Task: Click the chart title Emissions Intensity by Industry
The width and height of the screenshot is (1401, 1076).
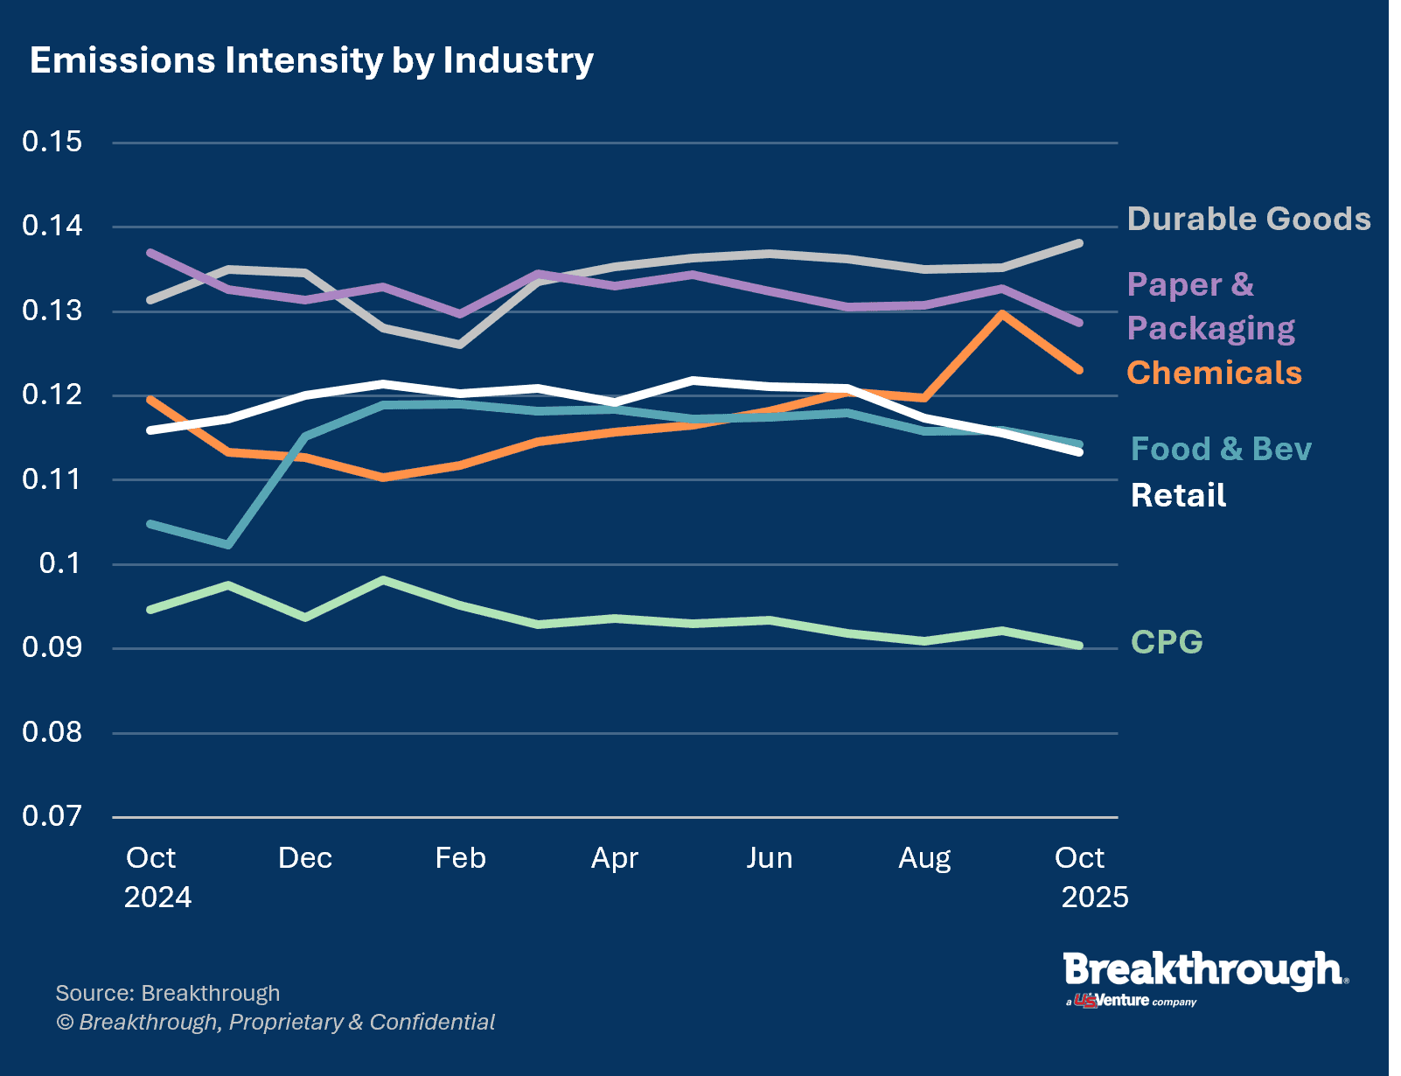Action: tap(311, 60)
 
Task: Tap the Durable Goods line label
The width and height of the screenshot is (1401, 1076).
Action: tap(1248, 219)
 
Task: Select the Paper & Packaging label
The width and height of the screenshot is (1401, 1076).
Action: tap(1210, 306)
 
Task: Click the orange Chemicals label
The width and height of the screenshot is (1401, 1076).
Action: tap(1214, 373)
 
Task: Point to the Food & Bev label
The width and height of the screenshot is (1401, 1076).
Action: tap(1221, 449)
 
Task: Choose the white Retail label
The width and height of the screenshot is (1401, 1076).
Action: tap(1178, 495)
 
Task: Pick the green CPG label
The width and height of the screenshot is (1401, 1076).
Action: tap(1167, 642)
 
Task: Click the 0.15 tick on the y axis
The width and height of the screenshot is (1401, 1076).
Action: tap(52, 142)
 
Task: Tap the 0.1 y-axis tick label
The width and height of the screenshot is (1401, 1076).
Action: tap(60, 563)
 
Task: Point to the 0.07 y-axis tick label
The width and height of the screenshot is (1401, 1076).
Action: tap(52, 816)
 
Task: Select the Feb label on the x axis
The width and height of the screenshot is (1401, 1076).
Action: tap(460, 857)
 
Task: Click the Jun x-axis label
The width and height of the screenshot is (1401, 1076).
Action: tap(770, 857)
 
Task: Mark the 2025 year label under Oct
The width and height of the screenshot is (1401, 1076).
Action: tap(1094, 898)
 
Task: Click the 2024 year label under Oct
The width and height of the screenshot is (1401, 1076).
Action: tap(157, 898)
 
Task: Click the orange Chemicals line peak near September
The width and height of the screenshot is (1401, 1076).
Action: tap(1002, 313)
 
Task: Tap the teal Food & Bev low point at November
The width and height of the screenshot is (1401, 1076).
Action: tap(229, 545)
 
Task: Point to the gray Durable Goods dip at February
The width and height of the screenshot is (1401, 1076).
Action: tap(460, 345)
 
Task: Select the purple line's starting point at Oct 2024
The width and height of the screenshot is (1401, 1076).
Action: tap(151, 253)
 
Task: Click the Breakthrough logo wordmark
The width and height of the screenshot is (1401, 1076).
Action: tap(1204, 971)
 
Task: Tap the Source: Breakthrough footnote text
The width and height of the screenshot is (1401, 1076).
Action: tap(168, 993)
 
